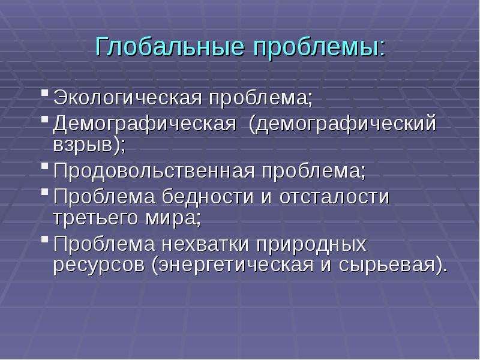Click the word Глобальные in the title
[x=170, y=47]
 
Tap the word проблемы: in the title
[x=319, y=47]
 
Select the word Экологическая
[x=128, y=98]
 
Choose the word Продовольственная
[x=154, y=170]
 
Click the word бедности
[x=208, y=196]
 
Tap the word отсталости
[x=334, y=197]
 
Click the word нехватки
[x=205, y=244]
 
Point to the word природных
[x=311, y=245]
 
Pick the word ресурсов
[x=98, y=265]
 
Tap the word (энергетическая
[x=233, y=265]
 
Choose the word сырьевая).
[x=393, y=265]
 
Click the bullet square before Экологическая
[x=44, y=93]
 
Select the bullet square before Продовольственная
[x=44, y=166]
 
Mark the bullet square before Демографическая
[x=44, y=119]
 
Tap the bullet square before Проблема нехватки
[x=44, y=239]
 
